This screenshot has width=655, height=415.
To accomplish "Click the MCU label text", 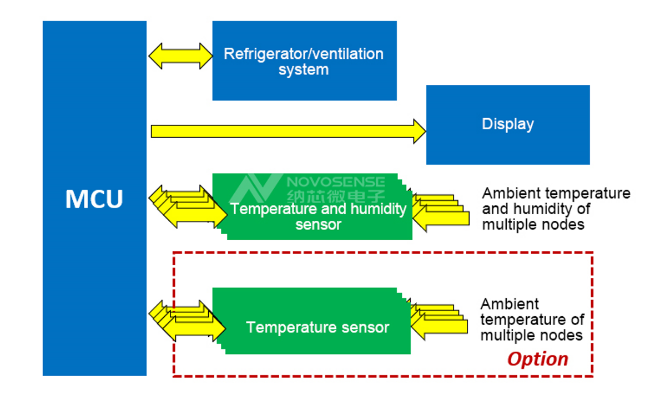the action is click(x=94, y=199).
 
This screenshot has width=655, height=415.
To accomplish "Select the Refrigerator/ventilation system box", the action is click(x=305, y=60).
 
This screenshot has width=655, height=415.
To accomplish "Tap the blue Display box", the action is click(x=508, y=125).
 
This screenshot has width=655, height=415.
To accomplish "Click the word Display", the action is click(x=508, y=124).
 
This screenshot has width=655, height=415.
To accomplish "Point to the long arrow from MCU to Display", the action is click(x=288, y=131).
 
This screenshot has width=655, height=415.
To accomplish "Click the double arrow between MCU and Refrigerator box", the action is click(x=180, y=56).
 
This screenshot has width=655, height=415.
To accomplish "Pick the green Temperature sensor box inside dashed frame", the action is click(x=311, y=321).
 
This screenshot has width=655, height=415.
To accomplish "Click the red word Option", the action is click(x=538, y=359).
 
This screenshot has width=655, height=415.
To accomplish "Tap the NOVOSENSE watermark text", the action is click(x=336, y=181).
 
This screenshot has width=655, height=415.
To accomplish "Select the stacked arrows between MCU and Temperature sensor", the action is click(x=187, y=321).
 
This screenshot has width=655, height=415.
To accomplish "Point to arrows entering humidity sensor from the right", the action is click(x=441, y=212).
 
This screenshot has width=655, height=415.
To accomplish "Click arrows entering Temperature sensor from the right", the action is click(x=439, y=321).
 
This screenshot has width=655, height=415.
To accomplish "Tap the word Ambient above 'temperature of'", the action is click(x=510, y=303).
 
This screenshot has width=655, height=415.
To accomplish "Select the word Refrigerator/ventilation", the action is click(x=304, y=54).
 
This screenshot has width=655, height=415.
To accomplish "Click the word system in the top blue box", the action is click(x=304, y=70).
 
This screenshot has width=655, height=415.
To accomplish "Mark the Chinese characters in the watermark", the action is click(x=336, y=196).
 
